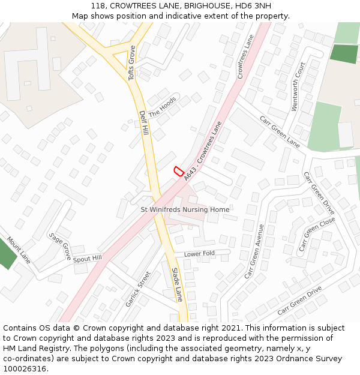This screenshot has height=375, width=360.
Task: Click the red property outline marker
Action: [178, 171]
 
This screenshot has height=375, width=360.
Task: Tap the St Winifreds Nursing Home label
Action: [185, 209]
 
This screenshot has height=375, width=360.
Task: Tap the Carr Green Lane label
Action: [280, 131]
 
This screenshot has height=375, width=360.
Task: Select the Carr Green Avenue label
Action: [254, 251]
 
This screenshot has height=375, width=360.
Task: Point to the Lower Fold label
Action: [199, 254]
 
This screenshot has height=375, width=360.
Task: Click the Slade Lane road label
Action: [177, 284]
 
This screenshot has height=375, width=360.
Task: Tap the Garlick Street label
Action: [138, 289]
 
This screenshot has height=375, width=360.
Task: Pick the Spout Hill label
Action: [87, 259]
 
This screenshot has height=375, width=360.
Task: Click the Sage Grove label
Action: [60, 246]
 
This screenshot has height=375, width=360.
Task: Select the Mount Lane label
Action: [19, 254]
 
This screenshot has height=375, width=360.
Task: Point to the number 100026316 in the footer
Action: [25, 368]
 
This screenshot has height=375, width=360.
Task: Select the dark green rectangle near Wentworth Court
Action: [344, 53]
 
